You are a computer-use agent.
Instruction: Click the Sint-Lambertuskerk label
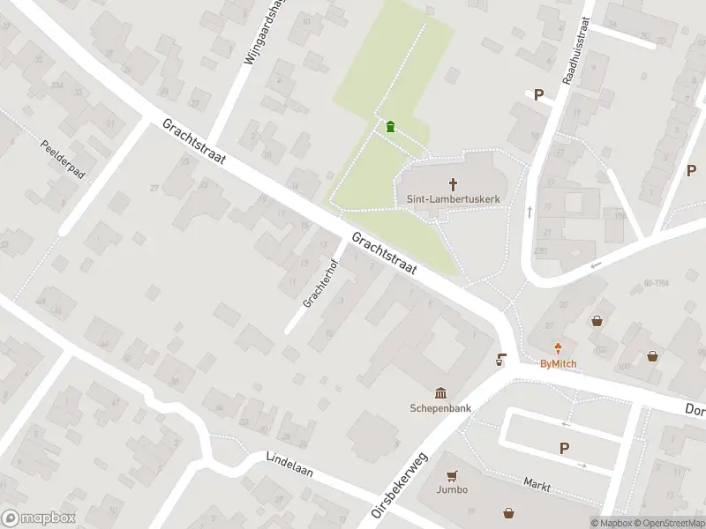pyautogui.click(x=454, y=199)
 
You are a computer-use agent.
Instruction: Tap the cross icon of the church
pyautogui.click(x=454, y=184)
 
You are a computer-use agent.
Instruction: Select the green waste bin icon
pyautogui.click(x=390, y=127)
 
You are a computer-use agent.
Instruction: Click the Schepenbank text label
pyautogui.click(x=439, y=408)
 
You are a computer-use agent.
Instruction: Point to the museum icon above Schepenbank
pyautogui.click(x=439, y=393)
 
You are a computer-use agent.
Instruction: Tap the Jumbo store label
pyautogui.click(x=451, y=489)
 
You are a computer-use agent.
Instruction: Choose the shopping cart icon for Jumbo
pyautogui.click(x=451, y=474)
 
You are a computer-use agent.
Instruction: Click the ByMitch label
pyautogui.click(x=558, y=363)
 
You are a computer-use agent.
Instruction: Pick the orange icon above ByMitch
pyautogui.click(x=558, y=348)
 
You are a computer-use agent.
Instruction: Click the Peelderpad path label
pyautogui.click(x=63, y=160)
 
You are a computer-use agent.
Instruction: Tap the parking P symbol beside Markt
pyautogui.click(x=564, y=449)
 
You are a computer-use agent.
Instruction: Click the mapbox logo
pyautogui.click(x=38, y=518)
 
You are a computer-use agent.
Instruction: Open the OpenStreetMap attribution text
pyautogui.click(x=667, y=523)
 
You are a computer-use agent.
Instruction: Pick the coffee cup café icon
pyautogui.click(x=501, y=359)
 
